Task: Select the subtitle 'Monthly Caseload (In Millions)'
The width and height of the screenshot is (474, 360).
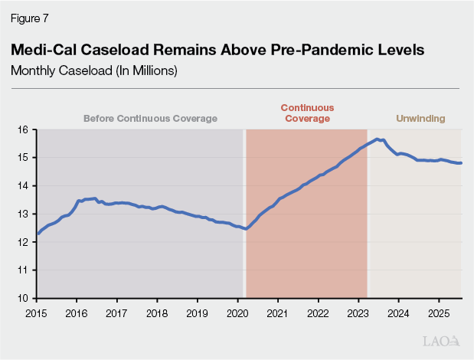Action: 94,70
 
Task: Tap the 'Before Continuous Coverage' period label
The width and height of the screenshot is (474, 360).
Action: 150,119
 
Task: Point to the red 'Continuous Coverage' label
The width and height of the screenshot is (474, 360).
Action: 306,113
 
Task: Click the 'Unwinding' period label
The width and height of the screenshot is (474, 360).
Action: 420,119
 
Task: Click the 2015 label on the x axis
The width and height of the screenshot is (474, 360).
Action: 37,313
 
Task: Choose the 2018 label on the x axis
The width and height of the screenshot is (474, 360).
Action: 157,313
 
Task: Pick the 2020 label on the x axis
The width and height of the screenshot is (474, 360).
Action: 237,313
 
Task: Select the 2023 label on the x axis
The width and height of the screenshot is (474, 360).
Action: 358,313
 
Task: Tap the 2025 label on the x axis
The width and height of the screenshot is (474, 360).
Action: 439,313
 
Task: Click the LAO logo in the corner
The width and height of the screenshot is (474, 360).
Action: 442,341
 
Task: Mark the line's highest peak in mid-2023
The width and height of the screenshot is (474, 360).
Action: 377,139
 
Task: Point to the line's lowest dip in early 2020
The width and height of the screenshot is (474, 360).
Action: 245,228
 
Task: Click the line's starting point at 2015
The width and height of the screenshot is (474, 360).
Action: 37,234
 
